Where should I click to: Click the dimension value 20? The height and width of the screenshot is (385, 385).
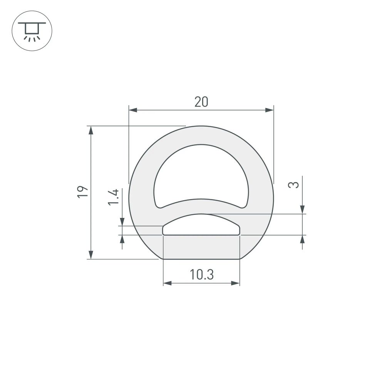[x=201, y=102]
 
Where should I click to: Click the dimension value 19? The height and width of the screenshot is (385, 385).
[x=82, y=192]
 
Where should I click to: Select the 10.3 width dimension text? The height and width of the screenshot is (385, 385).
[x=201, y=275]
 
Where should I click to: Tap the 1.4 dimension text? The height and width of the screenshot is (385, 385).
[x=114, y=198]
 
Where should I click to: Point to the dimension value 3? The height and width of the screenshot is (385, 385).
[x=294, y=185]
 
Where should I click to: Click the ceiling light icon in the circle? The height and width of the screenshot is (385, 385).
[x=32, y=30]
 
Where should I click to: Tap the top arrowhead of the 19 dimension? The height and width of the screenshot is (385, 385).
[x=91, y=130]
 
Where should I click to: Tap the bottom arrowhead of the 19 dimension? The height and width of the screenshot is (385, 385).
[x=91, y=255]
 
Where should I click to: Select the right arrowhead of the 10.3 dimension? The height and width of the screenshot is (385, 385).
[x=235, y=283]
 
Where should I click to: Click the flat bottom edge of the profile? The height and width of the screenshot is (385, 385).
[x=201, y=259]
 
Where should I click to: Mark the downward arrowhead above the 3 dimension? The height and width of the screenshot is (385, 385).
[x=303, y=209]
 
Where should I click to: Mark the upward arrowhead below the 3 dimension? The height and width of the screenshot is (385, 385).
[x=303, y=239]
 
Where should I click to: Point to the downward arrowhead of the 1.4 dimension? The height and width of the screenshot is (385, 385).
[x=122, y=222]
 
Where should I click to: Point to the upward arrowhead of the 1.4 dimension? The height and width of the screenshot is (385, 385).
[x=122, y=239]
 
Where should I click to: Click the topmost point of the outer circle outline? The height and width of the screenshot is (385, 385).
[x=201, y=126]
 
